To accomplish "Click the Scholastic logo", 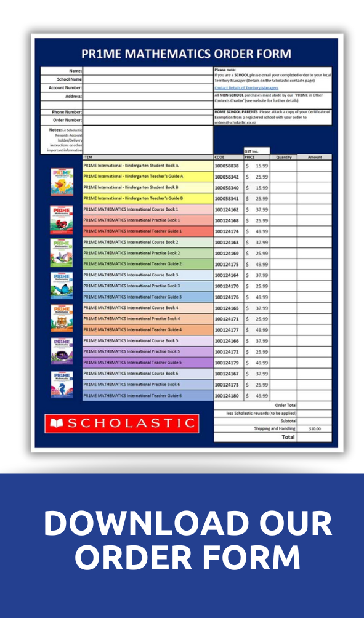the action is coord(122,423).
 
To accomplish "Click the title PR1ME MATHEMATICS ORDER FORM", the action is coord(185,54).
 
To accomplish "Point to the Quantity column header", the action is coord(283,157).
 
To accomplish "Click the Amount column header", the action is coord(315,157).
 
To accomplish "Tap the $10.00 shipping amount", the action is coord(315,428).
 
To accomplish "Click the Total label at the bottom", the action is coord(288,437).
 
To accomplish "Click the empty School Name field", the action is coord(147,79).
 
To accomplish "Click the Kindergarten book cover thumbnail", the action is coord(62,182).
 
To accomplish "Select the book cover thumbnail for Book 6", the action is coord(62,384).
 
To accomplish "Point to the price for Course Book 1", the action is coord(257,210).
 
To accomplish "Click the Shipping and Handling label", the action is coord(275,428).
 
